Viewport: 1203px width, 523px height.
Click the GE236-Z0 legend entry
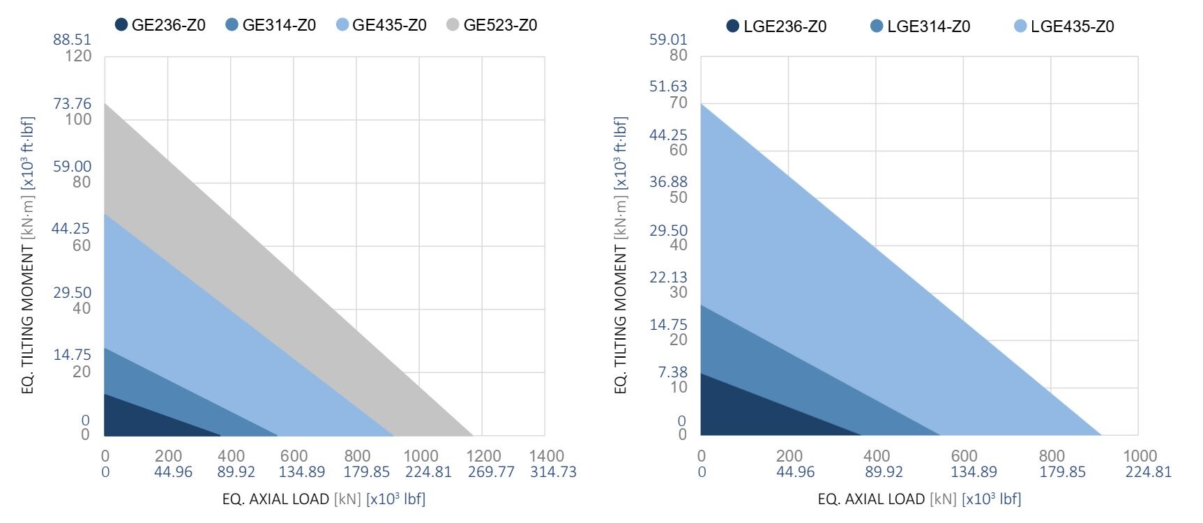coord(160,25)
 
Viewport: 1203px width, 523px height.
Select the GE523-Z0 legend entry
coord(492,25)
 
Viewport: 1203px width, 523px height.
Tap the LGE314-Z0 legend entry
coord(921,26)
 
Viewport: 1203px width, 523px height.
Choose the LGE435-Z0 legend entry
coord(1064,26)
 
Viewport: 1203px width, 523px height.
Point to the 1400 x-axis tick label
coord(546,456)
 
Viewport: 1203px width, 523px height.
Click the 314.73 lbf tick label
coord(553,472)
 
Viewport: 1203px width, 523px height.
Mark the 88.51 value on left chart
coord(72,40)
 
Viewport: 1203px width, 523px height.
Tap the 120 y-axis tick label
coord(78,56)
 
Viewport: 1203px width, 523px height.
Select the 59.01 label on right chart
coord(668,40)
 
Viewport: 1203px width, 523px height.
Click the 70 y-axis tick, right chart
coord(679,103)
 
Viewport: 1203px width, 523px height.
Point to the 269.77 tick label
coord(491,472)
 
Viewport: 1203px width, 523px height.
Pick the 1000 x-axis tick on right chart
coord(1140,456)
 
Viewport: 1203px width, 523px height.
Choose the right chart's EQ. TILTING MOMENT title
coord(621,255)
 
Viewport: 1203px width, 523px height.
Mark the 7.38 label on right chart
coord(673,372)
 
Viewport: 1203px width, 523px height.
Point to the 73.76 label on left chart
coord(72,104)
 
